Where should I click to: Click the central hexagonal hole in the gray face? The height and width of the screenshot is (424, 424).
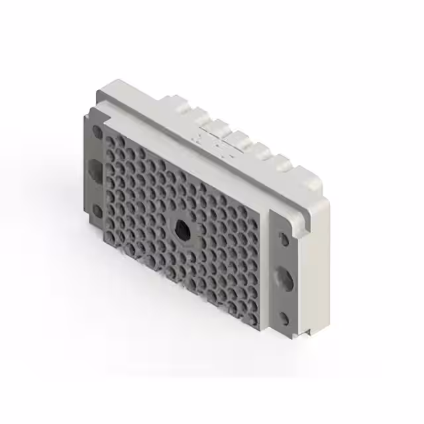click(182, 231)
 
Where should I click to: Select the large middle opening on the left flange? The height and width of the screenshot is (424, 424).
click(95, 170)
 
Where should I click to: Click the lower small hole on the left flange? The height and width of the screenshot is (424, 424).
click(97, 211)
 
